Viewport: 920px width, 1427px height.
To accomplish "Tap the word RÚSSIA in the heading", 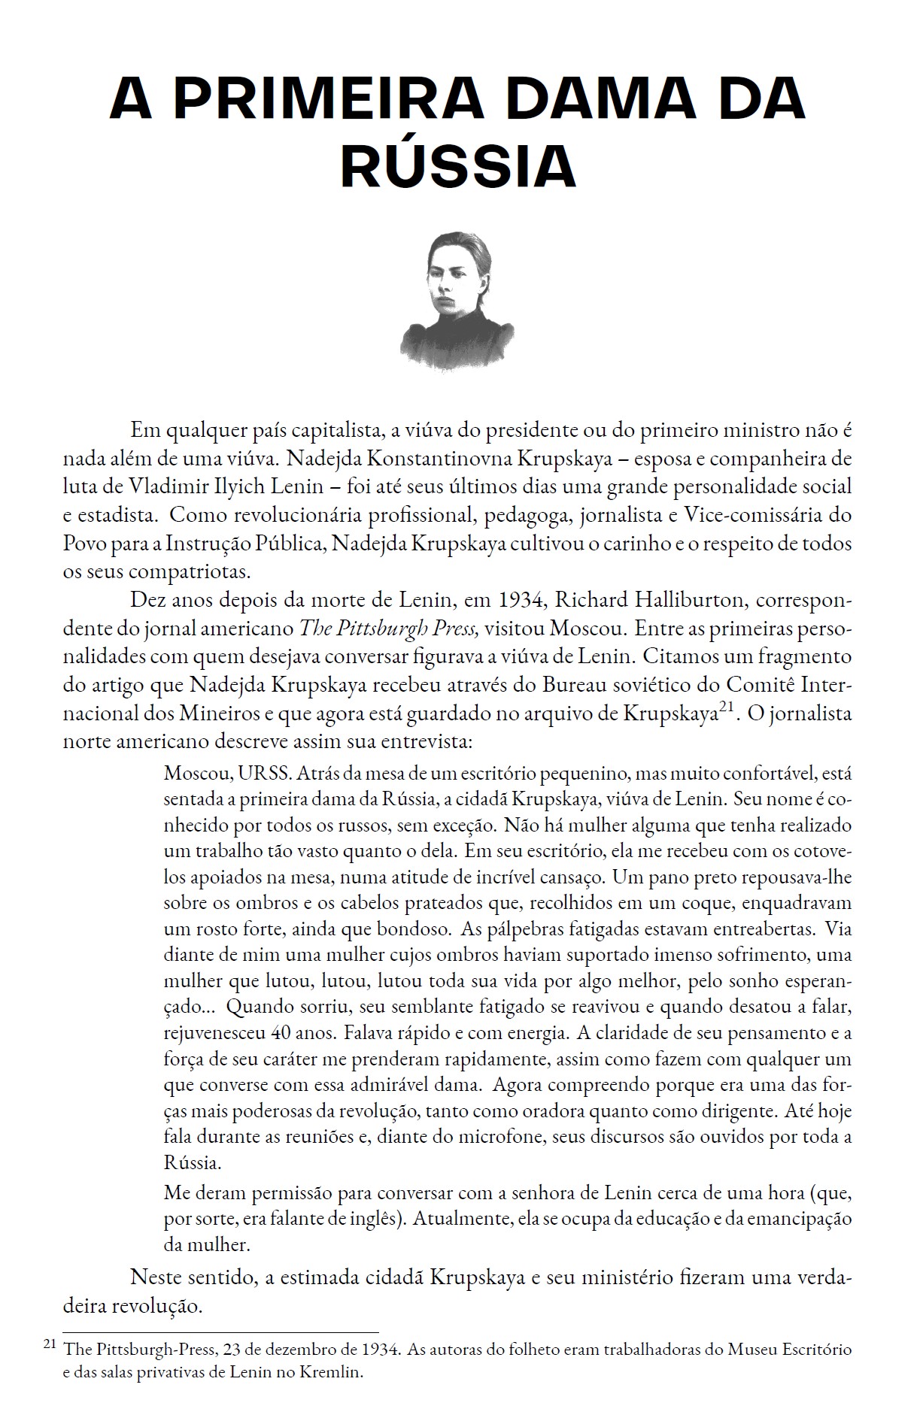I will click(459, 168).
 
